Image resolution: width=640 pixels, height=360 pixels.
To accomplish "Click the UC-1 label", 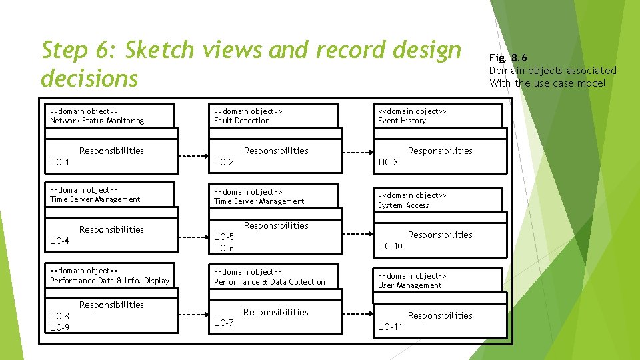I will coord(60,162).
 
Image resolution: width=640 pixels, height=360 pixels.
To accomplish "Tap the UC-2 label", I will coord(224,162).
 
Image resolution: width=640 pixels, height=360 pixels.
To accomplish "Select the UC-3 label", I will coord(388,162).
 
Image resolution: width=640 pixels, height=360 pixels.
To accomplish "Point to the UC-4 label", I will coord(60,241).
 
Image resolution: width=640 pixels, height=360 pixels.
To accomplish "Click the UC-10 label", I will coord(390,246).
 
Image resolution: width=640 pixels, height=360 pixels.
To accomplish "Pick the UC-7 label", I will coord(224,323).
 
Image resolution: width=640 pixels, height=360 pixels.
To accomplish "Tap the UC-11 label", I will coord(390,327).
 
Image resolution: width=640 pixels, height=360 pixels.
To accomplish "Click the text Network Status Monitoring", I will coord(97,121).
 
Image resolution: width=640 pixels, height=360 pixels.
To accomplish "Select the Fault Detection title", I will coord(242,121).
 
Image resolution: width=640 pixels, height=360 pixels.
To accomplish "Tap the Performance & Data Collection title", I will coord(269,282).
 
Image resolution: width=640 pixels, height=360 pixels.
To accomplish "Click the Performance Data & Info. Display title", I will coord(109,281).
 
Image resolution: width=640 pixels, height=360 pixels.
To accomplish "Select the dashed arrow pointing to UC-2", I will coord(195,157).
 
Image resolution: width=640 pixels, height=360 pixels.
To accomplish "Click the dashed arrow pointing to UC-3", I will coord(359,157).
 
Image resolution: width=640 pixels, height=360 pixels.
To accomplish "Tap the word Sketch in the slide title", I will coord(159,50).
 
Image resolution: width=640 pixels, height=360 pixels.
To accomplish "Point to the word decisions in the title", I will coord(89,78).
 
